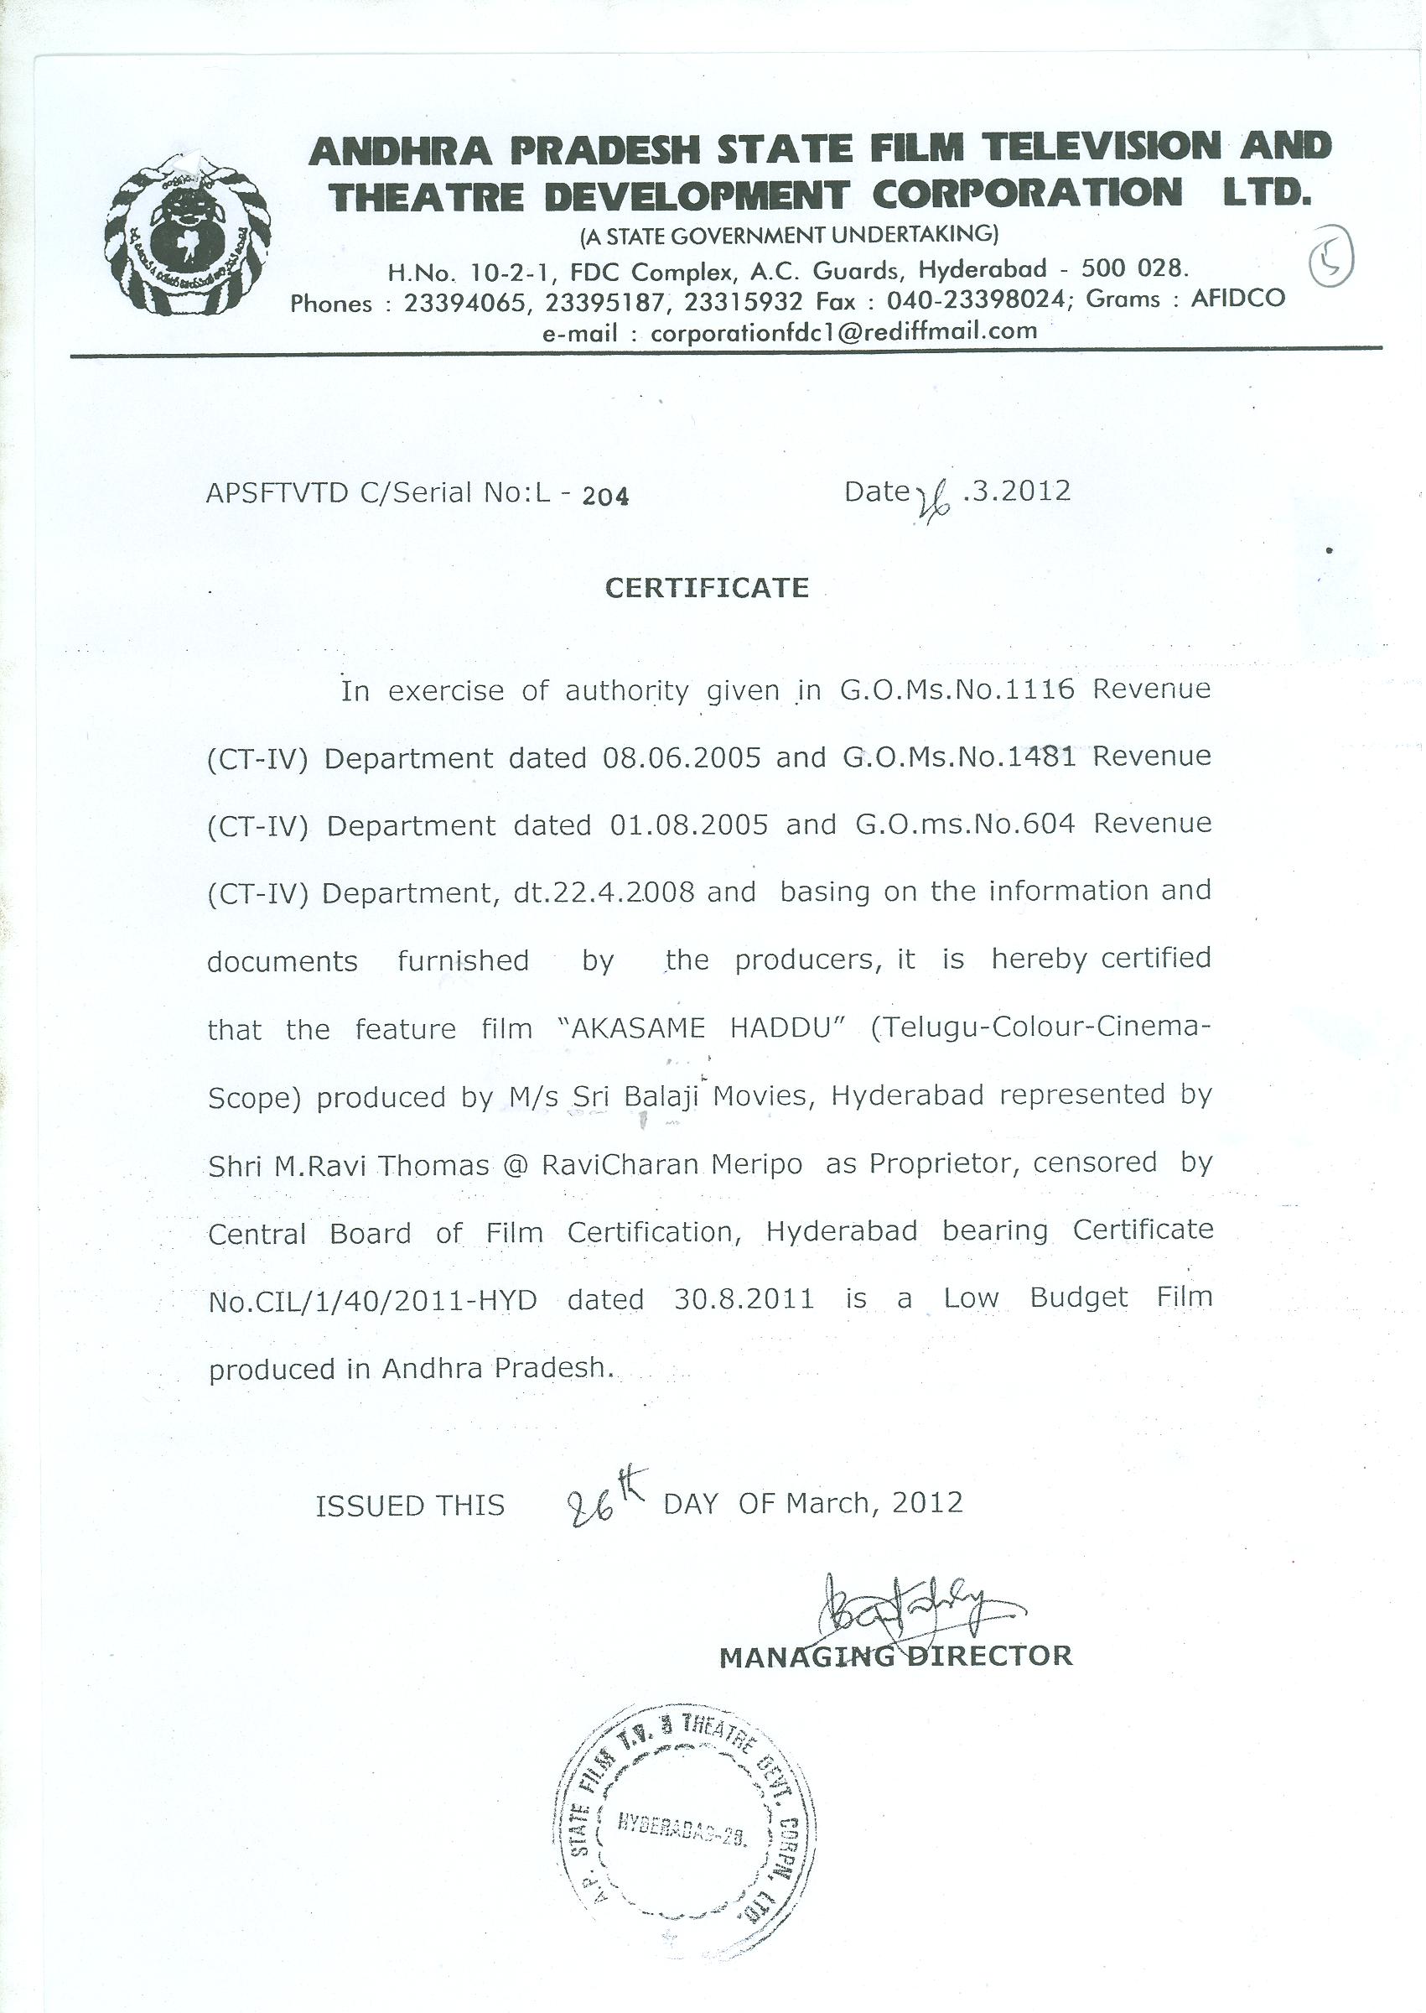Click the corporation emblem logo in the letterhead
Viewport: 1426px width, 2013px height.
coord(186,236)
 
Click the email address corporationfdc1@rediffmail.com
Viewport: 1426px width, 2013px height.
coord(843,332)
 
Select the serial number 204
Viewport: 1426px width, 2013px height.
coord(606,497)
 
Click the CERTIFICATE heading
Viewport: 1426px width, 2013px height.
coord(707,588)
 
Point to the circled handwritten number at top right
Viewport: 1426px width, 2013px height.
coord(1331,260)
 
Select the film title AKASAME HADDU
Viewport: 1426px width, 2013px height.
coord(701,1028)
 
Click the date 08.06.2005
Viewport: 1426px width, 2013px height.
coord(682,758)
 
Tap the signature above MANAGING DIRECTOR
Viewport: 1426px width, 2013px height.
coord(905,1606)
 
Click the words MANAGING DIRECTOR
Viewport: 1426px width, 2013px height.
coord(895,1657)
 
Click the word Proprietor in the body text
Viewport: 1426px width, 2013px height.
coord(943,1163)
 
